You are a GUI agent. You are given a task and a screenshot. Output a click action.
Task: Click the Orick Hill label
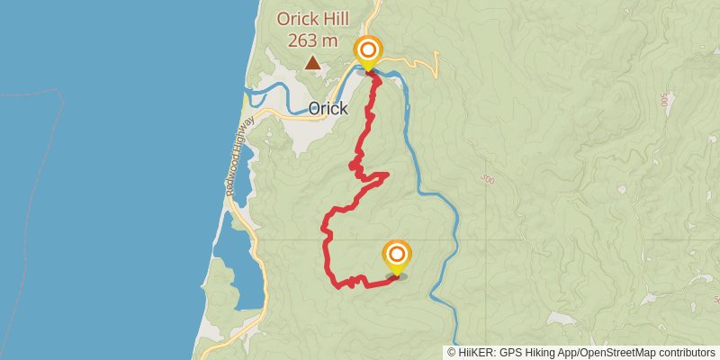(x=312, y=18)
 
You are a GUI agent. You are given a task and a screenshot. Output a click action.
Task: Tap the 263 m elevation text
(x=312, y=40)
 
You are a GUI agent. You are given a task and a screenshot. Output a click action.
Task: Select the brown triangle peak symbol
(x=312, y=63)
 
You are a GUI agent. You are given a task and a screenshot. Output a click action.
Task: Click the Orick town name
(x=328, y=109)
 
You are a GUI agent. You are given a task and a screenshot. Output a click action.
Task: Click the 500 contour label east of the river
(x=489, y=180)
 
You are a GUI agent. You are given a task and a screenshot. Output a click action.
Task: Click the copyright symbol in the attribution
(x=453, y=352)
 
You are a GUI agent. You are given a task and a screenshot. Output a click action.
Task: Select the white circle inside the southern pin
(x=396, y=254)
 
